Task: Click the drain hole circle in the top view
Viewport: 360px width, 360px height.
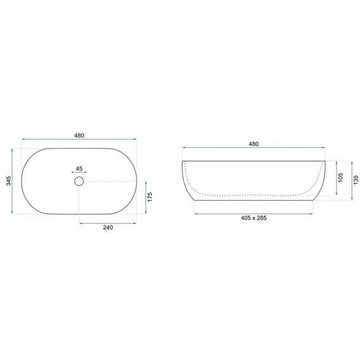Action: [79, 177]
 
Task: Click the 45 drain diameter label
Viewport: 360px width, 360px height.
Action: [79, 169]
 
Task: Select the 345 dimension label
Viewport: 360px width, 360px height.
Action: [8, 181]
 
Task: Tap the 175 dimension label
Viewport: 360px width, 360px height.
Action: [150, 197]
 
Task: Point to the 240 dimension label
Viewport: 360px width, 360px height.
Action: [108, 227]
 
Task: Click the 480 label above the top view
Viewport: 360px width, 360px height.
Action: [79, 135]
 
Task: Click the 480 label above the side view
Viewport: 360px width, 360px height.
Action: [253, 144]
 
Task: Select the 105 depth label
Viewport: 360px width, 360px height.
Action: [340, 178]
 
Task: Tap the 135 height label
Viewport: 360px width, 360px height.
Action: [356, 180]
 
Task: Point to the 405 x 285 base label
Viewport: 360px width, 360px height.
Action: [254, 218]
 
